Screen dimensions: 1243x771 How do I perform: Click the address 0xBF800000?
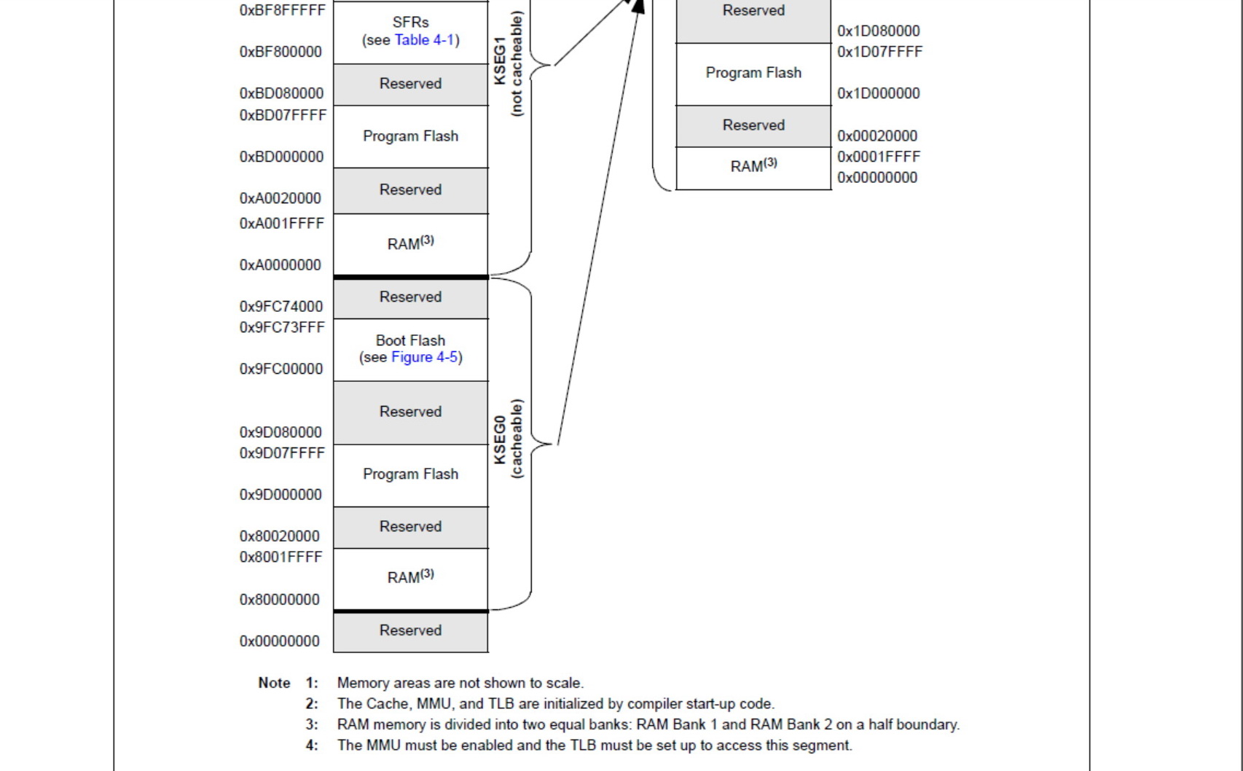[281, 52]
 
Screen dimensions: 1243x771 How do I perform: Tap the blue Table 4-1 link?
[425, 40]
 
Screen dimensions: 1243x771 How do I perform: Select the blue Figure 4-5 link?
[425, 357]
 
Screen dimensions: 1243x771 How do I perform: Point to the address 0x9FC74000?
[281, 306]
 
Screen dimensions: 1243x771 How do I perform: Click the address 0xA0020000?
[281, 198]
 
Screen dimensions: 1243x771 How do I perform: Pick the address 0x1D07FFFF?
[879, 52]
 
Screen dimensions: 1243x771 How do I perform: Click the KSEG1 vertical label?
[500, 61]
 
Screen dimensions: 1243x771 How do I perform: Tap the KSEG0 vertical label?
[500, 439]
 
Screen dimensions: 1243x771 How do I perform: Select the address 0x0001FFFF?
[879, 157]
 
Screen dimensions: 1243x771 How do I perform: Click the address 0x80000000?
[279, 600]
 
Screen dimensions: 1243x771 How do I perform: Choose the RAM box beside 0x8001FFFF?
[411, 579]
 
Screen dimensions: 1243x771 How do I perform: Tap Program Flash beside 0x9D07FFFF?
[411, 474]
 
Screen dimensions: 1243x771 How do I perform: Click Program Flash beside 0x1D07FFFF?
[753, 73]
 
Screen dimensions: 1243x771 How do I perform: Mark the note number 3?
[312, 724]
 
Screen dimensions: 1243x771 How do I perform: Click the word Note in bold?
[274, 683]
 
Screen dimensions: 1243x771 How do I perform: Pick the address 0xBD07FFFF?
[283, 115]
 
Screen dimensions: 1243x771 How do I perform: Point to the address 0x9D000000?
[281, 495]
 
